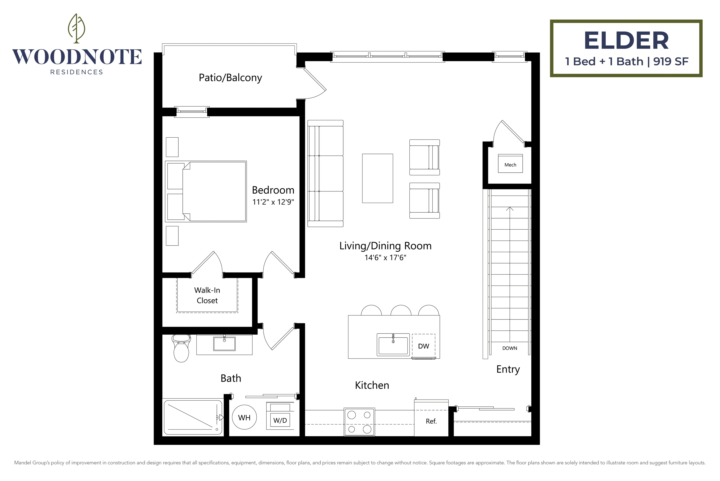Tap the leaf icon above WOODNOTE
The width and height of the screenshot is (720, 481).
pyautogui.click(x=77, y=28)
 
